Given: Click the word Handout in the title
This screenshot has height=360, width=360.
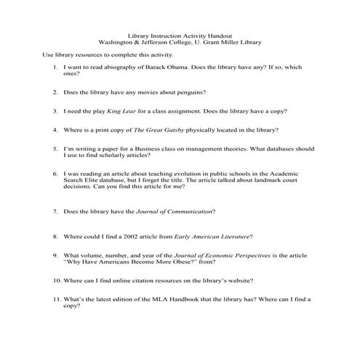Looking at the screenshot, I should (x=221, y=34).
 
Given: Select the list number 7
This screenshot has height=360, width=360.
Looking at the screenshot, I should (x=55, y=212).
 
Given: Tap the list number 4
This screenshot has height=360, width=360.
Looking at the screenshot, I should (x=55, y=130).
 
